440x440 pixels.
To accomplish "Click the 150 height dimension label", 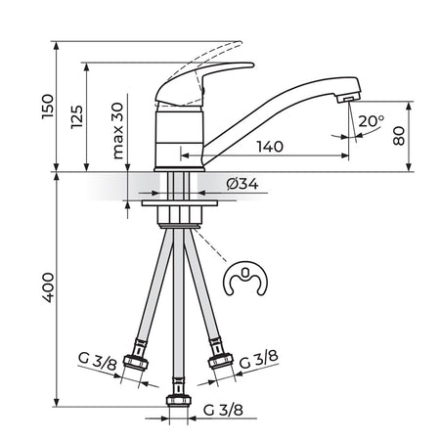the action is pyautogui.click(x=48, y=107).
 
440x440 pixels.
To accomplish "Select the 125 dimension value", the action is pyautogui.click(x=77, y=116).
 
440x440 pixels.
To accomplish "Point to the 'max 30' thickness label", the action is pyautogui.click(x=117, y=131).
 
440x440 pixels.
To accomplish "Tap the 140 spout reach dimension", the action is pyautogui.click(x=270, y=147).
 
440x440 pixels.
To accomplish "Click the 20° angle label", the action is pyautogui.click(x=372, y=121).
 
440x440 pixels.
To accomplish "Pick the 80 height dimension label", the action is pyautogui.click(x=399, y=136).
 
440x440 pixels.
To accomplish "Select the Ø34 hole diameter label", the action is pyautogui.click(x=242, y=185).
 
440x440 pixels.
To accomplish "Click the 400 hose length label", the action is pyautogui.click(x=48, y=287).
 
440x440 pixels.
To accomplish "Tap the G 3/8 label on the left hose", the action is pyautogui.click(x=97, y=361).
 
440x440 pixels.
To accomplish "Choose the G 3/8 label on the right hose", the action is pyautogui.click(x=259, y=360).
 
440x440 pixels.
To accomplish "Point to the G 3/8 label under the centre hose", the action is pyautogui.click(x=223, y=410).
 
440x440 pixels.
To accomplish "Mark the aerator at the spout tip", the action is pyautogui.click(x=349, y=97).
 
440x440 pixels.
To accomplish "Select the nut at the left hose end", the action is pyautogui.click(x=136, y=362).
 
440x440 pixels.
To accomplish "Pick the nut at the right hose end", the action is pyautogui.click(x=221, y=361).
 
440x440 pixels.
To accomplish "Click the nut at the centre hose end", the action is pyautogui.click(x=178, y=400).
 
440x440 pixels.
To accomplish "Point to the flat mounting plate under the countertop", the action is pyautogui.click(x=180, y=203).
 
